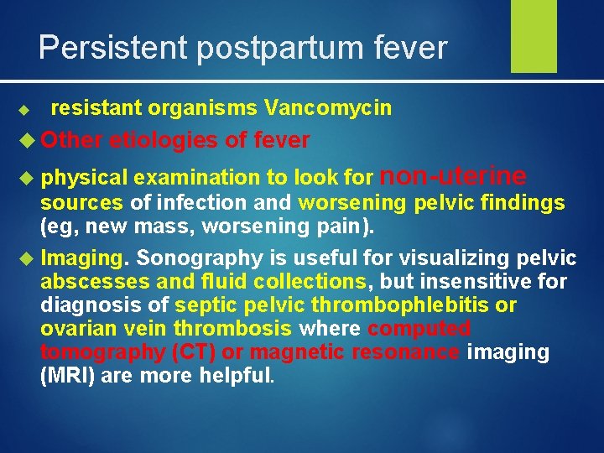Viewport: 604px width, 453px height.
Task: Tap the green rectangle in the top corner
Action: [534, 35]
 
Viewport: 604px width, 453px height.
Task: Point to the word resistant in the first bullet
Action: [97, 107]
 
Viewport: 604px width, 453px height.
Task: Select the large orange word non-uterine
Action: [454, 175]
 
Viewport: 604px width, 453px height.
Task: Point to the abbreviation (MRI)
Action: [68, 375]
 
